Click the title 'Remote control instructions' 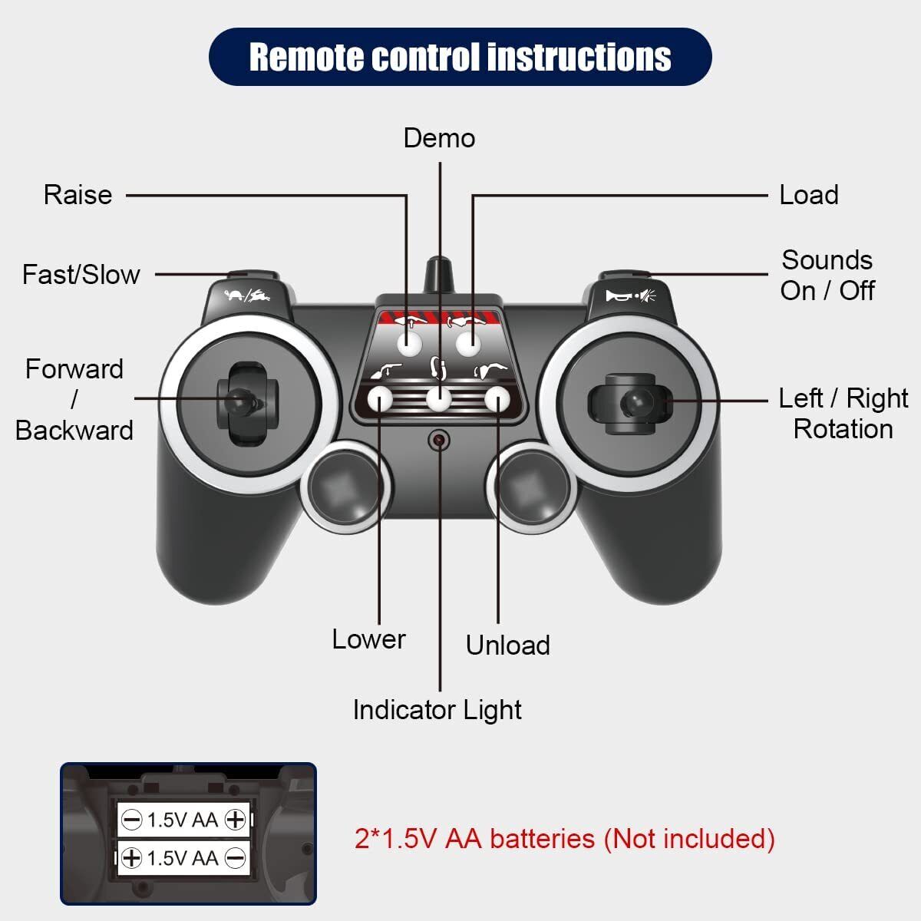click(460, 57)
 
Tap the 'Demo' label click(439, 138)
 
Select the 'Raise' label click(78, 195)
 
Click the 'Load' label click(808, 195)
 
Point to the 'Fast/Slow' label click(81, 275)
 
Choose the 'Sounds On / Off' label click(827, 276)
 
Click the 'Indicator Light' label click(437, 710)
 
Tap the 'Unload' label click(507, 645)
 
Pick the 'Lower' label click(368, 639)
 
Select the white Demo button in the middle click(439, 399)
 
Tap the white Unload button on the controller click(497, 399)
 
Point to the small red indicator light click(439, 440)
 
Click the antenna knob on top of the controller click(438, 271)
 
